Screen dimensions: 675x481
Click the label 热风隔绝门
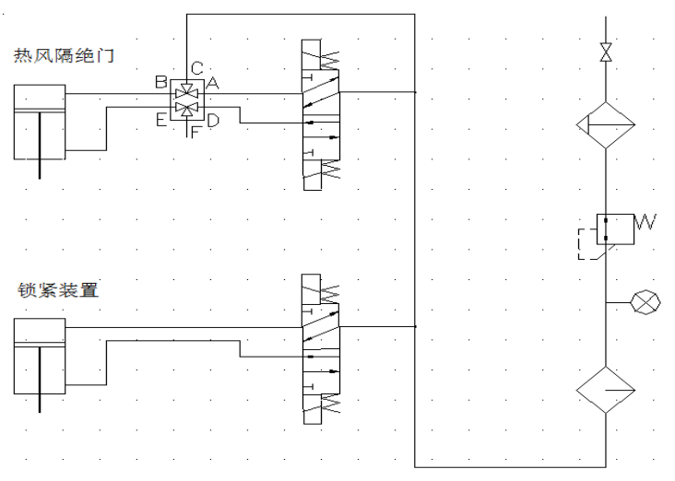tap(64, 56)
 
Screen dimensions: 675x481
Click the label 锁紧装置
tap(58, 290)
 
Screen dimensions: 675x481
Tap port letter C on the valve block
tap(197, 68)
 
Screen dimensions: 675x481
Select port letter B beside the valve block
tap(161, 82)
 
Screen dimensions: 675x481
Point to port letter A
tap(212, 83)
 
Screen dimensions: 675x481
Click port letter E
tap(161, 120)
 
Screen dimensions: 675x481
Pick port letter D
tap(213, 121)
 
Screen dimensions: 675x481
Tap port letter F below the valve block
tap(195, 132)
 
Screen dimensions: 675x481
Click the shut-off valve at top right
tap(606, 52)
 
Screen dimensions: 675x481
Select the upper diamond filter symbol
tap(606, 125)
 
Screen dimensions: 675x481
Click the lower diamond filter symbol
tap(606, 390)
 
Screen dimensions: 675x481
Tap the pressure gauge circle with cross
tap(645, 302)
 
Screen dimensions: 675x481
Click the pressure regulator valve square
tap(615, 229)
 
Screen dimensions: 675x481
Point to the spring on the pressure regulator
tap(645, 221)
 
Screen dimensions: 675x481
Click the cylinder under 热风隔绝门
tap(40, 123)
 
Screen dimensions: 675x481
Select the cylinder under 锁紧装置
tap(40, 357)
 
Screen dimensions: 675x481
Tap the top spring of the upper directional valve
tap(330, 61)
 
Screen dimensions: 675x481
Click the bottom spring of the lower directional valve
tap(331, 405)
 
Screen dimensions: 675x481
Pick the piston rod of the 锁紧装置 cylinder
tap(40, 379)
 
